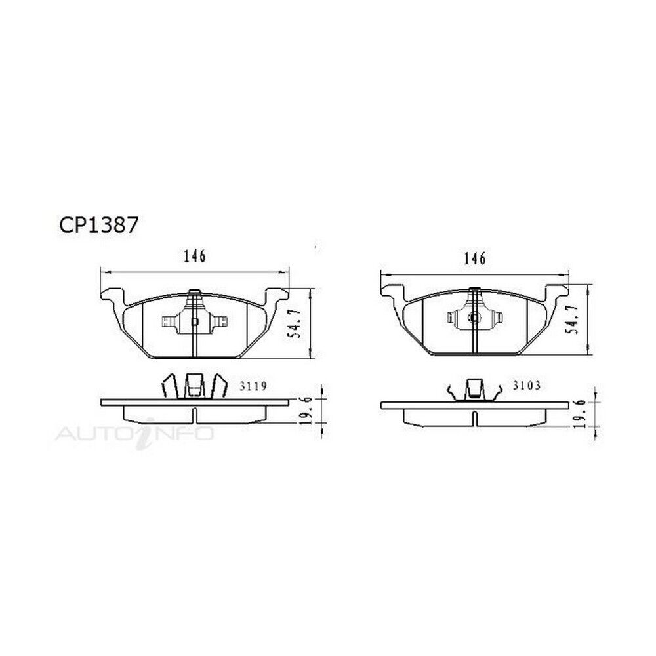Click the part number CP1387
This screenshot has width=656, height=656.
[x=98, y=226]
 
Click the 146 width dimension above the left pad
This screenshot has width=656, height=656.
[x=195, y=256]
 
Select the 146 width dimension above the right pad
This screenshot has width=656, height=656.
[x=475, y=258]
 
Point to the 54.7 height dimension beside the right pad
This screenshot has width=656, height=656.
[x=573, y=319]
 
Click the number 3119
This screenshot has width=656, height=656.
[x=253, y=386]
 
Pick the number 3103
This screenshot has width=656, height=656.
[x=527, y=385]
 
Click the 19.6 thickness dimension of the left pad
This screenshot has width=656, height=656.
[x=306, y=411]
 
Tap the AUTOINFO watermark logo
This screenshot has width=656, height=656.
[x=134, y=434]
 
